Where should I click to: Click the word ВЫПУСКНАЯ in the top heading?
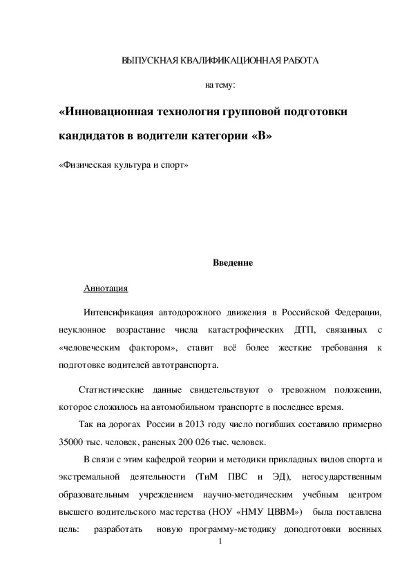(x=144, y=61)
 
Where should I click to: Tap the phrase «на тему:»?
(x=220, y=86)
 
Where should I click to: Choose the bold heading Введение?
(x=232, y=262)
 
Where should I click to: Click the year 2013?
(x=196, y=424)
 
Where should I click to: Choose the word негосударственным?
(x=337, y=477)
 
